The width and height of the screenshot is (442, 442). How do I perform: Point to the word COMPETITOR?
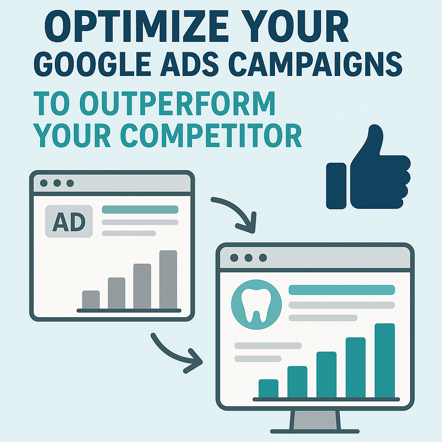point(211,135)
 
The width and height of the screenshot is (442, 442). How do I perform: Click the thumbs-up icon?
point(368,169)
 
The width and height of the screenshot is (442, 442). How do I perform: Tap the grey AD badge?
point(69,221)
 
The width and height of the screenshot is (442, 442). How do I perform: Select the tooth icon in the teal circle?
point(256,305)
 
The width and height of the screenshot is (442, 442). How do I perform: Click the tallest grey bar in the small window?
point(168,280)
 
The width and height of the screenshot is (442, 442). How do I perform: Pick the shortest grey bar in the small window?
point(91,300)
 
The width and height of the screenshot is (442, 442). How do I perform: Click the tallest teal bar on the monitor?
point(385,360)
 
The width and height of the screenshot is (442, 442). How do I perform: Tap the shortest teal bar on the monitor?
point(268,388)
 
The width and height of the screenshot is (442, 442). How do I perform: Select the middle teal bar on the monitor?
point(326,375)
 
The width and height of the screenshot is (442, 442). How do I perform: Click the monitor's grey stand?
point(315,421)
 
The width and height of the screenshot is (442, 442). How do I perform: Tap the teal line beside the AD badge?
point(140,209)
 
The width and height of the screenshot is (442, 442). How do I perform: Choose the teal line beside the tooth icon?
point(342,290)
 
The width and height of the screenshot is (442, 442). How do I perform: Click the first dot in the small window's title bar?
point(44,183)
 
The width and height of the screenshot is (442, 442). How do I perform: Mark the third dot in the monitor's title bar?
point(263,258)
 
